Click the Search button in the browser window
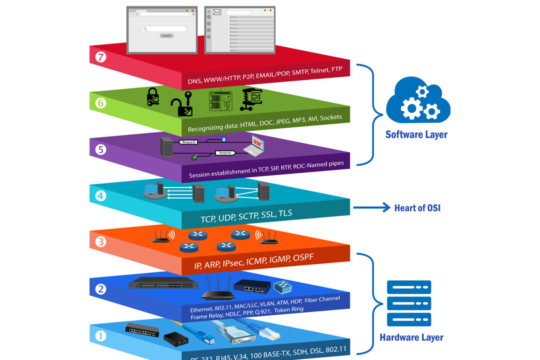(x=166, y=35)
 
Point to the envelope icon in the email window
(x=217, y=12)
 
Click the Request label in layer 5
(x=189, y=142)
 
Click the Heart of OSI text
(x=417, y=208)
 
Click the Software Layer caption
(x=416, y=134)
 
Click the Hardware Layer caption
(x=411, y=337)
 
